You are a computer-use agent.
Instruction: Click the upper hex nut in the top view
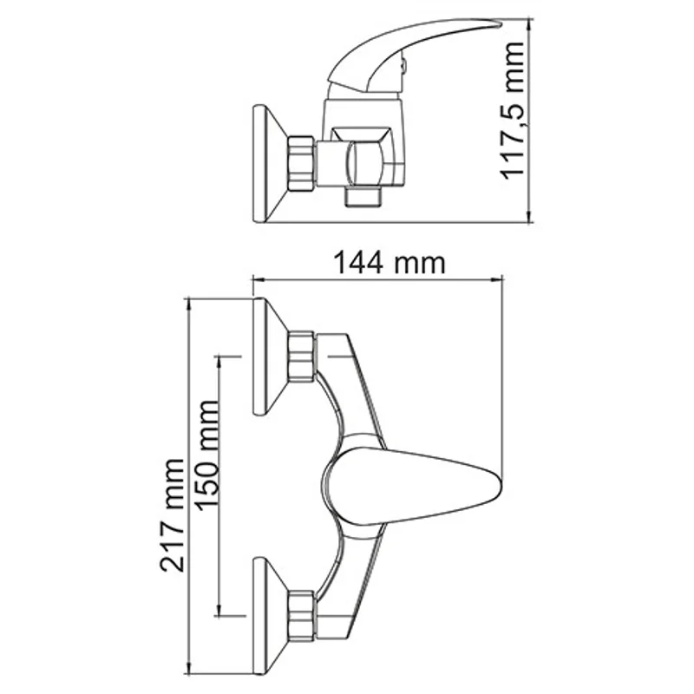click(303, 356)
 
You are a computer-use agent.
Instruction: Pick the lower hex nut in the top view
click(303, 613)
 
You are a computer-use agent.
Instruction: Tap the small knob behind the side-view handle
click(403, 66)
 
